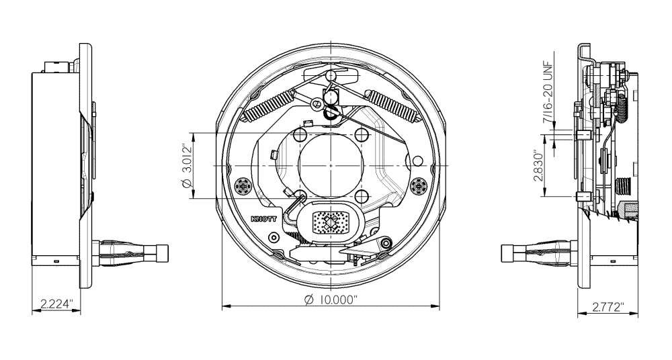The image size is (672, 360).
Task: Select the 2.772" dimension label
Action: coord(607,307)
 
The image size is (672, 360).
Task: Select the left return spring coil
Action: coord(267,105)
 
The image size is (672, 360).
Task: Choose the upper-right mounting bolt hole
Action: coord(362,135)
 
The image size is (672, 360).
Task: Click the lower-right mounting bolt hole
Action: coord(362,196)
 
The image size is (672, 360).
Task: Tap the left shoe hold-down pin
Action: coord(243,185)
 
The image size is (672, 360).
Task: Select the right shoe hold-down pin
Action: coord(420,185)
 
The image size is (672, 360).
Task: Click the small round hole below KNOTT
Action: coord(272,238)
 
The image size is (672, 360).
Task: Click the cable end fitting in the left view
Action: coord(161,254)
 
